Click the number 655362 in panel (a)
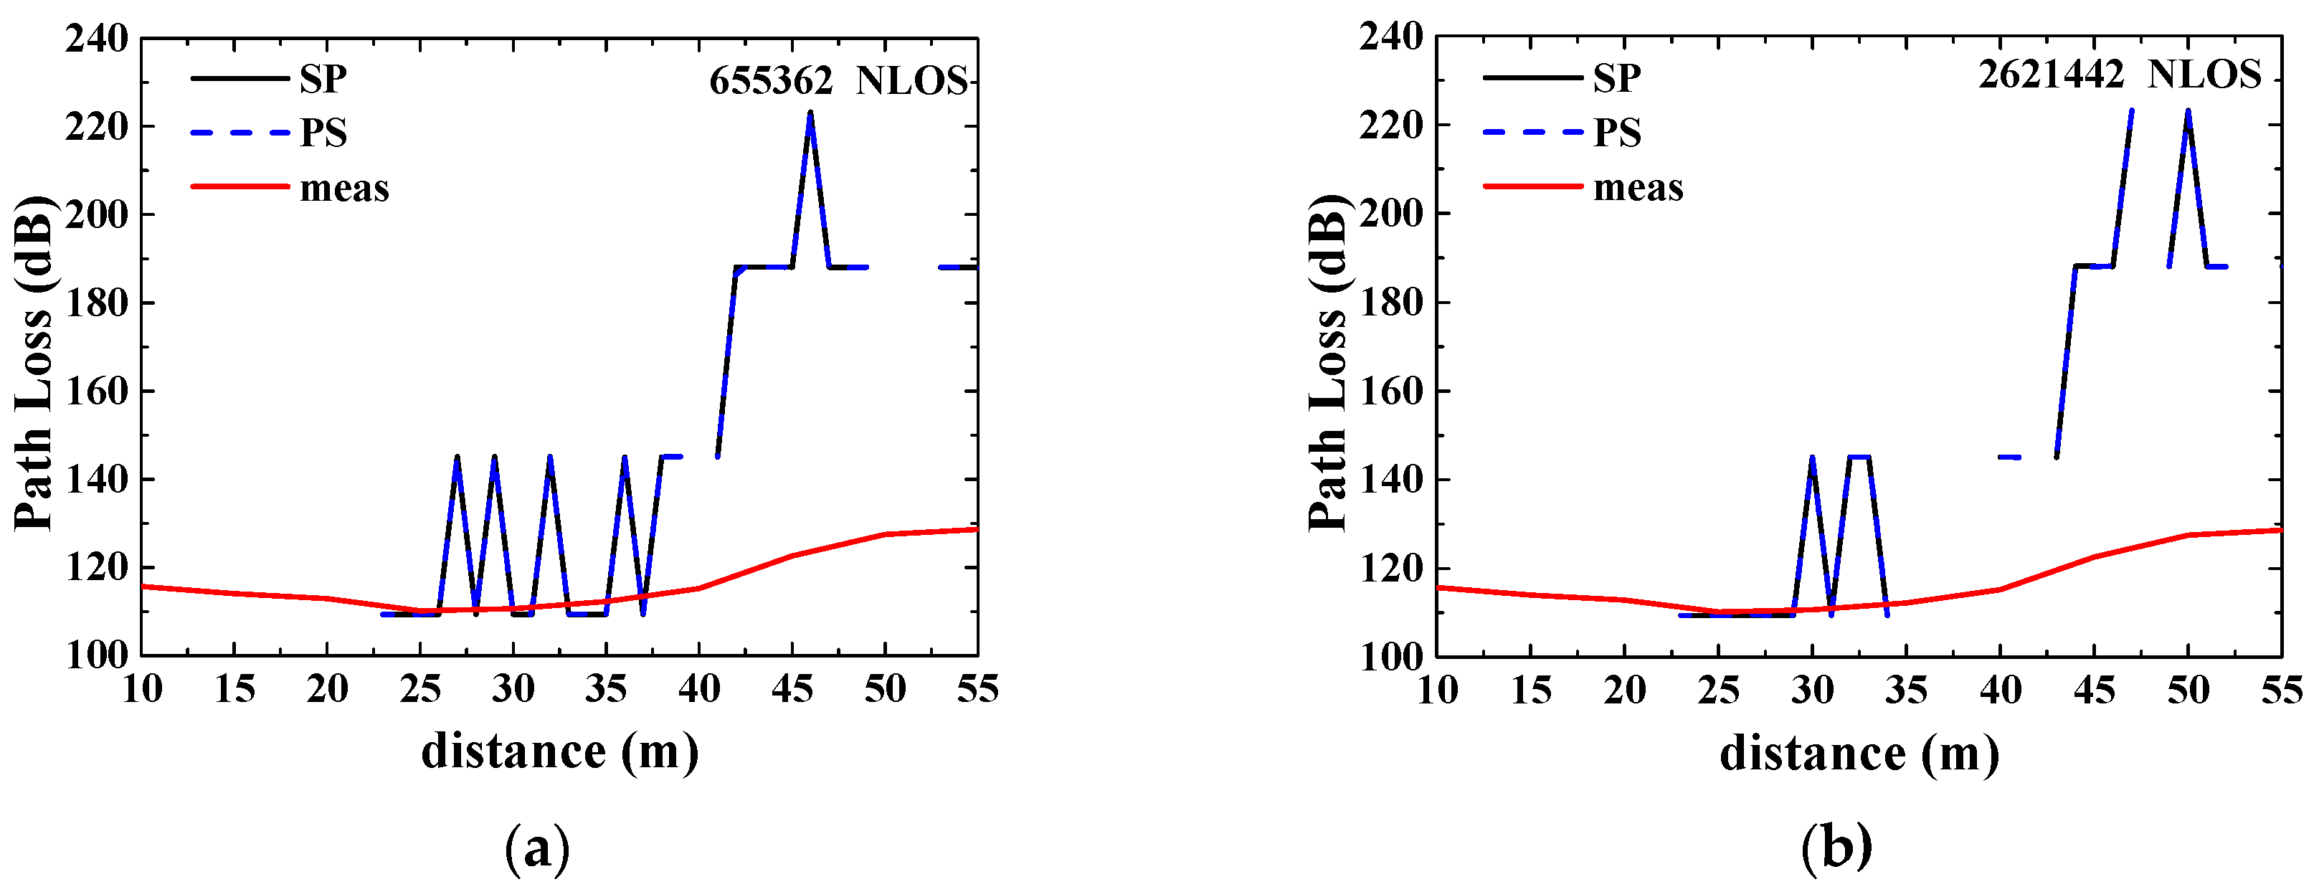771,81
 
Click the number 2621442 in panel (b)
2051,75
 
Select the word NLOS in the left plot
911,81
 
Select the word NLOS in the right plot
2204,75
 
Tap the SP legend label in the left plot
323,79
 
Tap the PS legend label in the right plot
1617,133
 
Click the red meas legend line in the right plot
1532,186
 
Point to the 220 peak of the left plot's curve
810,114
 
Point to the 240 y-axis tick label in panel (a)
96,39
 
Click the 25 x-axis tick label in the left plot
419,690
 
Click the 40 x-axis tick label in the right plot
1999,691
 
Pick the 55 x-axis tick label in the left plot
977,690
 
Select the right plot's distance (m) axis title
1859,754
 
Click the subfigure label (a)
537,848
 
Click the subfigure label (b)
1836,848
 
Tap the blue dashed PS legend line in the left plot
240,133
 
